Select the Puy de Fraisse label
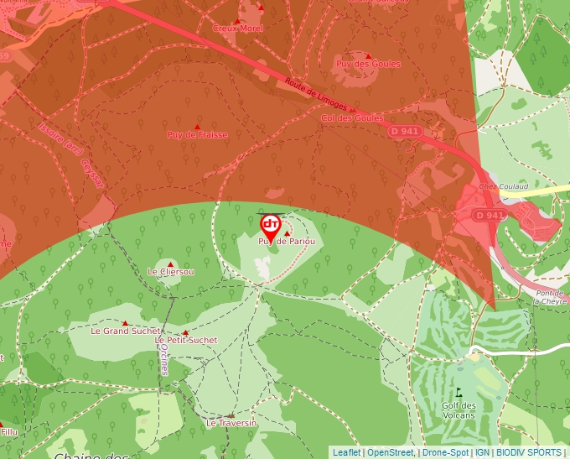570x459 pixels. (197, 134)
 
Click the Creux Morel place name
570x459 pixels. (238, 29)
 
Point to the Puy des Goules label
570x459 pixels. (368, 64)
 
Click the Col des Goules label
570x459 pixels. (352, 118)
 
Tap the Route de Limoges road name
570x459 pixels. (315, 94)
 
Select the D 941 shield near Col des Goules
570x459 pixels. (403, 131)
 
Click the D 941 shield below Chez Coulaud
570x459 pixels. (490, 215)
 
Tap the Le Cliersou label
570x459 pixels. (171, 272)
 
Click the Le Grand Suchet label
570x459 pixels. (125, 331)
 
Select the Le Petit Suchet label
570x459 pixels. (186, 340)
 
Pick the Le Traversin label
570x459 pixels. (231, 423)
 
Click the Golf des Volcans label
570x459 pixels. (459, 409)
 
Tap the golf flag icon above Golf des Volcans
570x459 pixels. (459, 391)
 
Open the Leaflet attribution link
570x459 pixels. (346, 452)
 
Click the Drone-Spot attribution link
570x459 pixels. (445, 452)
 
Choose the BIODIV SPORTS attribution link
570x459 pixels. (529, 452)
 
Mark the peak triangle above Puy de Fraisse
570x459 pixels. (198, 126)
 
